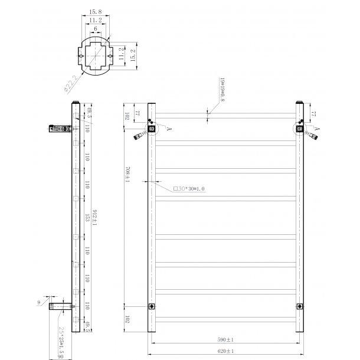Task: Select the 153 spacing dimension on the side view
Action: click(x=86, y=218)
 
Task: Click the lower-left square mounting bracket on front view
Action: click(x=152, y=306)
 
